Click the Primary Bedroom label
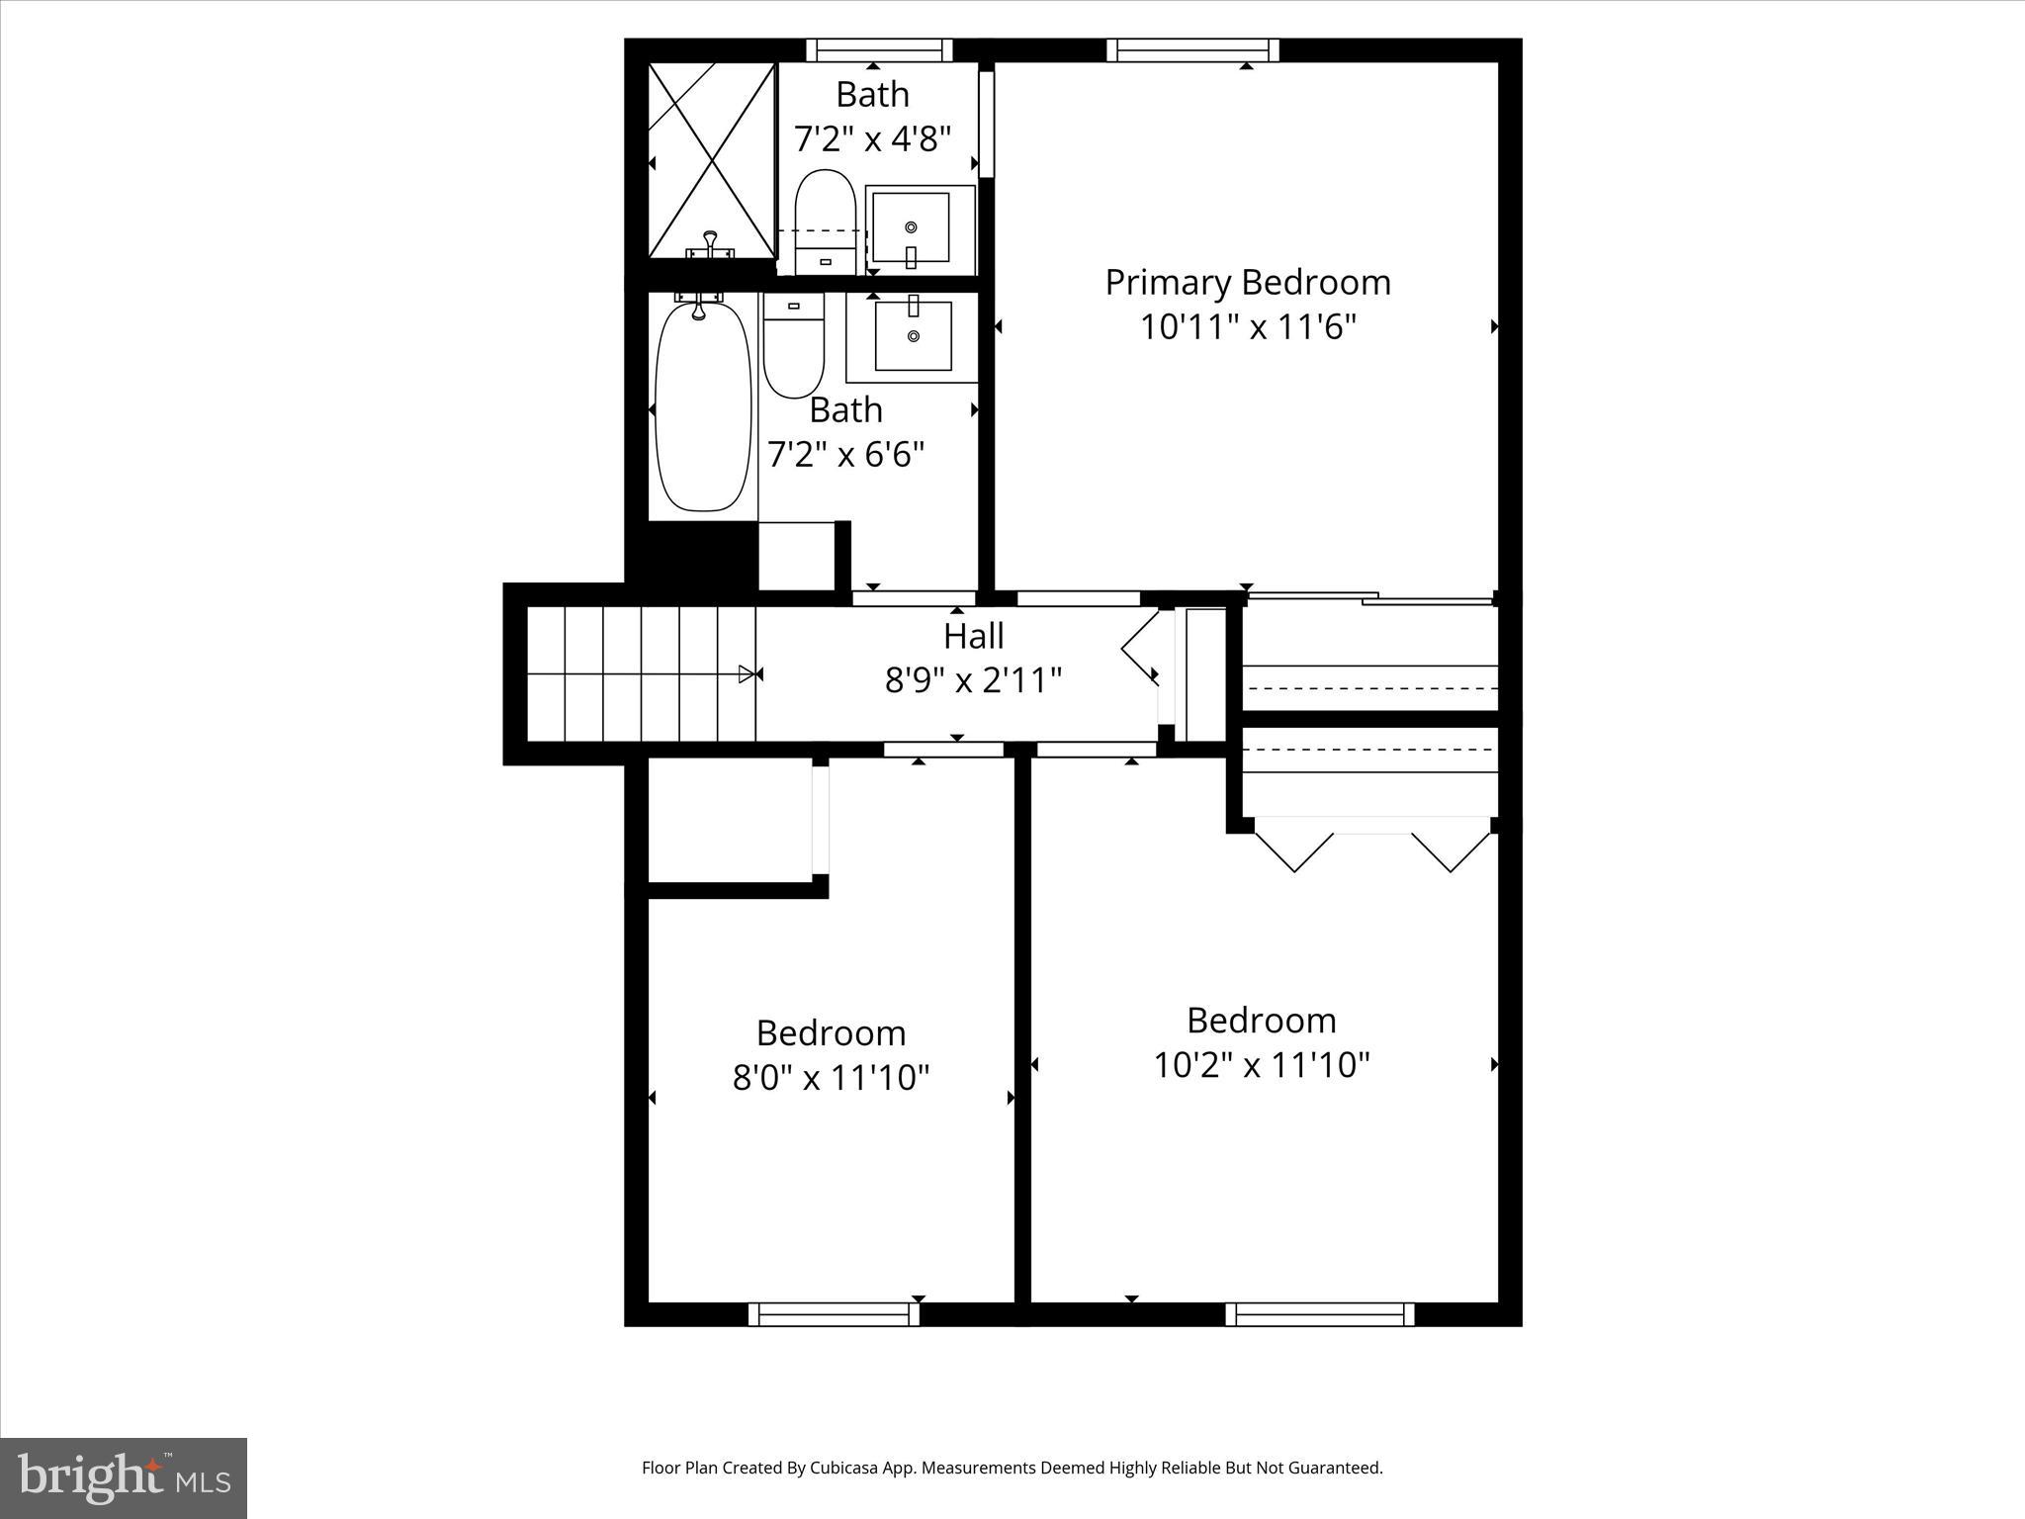1247,283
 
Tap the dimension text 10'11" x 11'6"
1247,327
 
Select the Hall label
973,636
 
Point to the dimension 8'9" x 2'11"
973,680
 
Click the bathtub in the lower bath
703,407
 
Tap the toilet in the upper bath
826,223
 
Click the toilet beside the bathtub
793,344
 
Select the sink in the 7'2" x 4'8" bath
911,228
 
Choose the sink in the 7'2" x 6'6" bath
913,335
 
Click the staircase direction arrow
747,674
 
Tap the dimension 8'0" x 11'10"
831,1077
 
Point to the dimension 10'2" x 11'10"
1261,1065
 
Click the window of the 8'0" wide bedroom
834,1314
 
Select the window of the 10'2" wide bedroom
1319,1314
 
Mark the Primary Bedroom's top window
1191,50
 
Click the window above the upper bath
879,50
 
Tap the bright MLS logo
124,1478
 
